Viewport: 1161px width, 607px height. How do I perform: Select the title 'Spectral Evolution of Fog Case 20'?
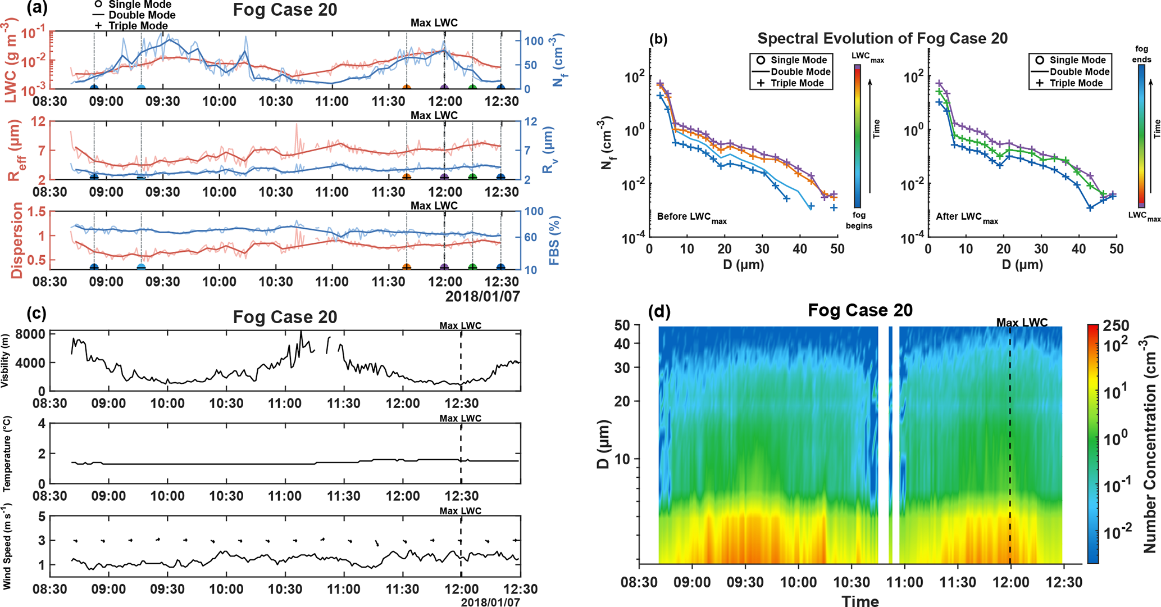coord(882,38)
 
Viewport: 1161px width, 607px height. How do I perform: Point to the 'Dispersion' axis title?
coord(17,240)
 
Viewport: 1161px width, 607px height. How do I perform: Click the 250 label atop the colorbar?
coord(1116,326)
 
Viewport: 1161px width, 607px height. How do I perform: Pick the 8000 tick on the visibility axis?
coord(30,334)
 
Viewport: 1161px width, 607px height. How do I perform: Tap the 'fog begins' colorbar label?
coord(859,220)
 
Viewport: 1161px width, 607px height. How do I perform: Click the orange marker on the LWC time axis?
coord(407,88)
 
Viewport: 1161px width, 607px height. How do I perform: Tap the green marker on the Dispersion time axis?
coord(472,268)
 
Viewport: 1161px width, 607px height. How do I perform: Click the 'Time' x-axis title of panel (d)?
coord(860,601)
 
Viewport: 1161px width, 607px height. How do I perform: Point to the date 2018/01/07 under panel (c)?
coord(490,602)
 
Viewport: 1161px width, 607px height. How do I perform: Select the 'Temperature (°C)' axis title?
coord(7,454)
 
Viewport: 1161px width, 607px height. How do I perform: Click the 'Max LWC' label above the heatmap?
coord(1022,323)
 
